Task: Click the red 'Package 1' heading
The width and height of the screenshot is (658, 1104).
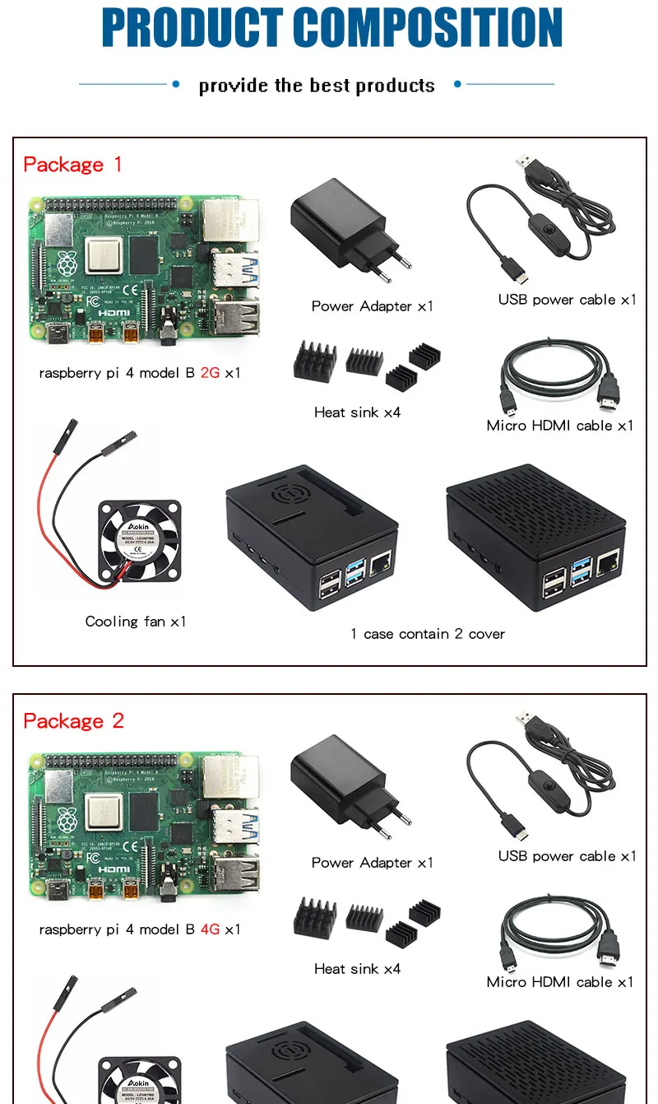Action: [72, 165]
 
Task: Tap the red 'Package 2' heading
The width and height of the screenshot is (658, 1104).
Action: [73, 721]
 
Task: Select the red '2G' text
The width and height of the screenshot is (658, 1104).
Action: [210, 373]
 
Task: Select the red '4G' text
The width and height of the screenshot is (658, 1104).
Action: [210, 929]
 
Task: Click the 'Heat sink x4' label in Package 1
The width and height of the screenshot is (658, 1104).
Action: [357, 412]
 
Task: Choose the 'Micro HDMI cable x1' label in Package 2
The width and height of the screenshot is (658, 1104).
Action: [560, 982]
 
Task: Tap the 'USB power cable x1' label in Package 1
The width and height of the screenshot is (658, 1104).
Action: [567, 300]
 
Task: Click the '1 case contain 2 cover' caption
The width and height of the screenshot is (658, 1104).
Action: [428, 634]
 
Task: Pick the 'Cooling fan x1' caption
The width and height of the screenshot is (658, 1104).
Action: [136, 622]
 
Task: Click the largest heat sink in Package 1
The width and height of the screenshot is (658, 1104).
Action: [315, 359]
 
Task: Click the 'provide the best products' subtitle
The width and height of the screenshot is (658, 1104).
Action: [317, 86]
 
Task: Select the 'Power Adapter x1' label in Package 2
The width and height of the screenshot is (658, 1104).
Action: [372, 863]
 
